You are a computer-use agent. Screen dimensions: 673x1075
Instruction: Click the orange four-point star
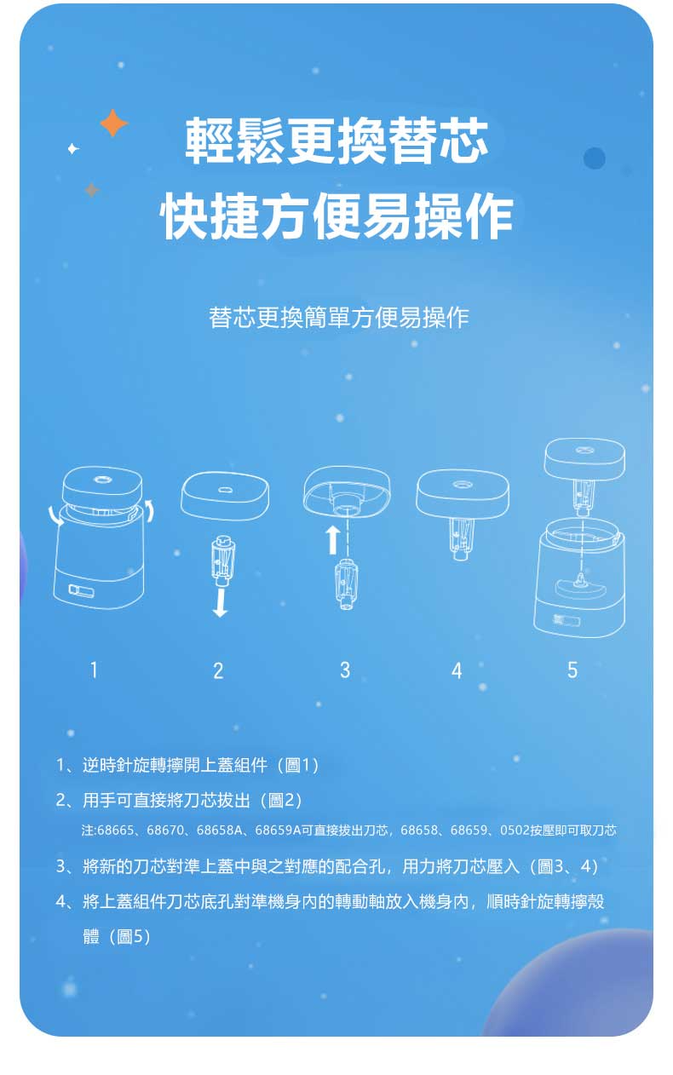[114, 124]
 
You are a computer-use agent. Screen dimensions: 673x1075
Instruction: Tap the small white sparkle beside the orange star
[73, 149]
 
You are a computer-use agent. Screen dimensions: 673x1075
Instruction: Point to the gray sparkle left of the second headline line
[92, 190]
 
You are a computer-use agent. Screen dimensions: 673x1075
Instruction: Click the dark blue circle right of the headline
[595, 158]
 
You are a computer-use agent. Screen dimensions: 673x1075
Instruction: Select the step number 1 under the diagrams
[94, 670]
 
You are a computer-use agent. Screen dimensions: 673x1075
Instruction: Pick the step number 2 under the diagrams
[218, 670]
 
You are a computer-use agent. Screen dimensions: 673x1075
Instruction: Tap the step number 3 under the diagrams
[345, 670]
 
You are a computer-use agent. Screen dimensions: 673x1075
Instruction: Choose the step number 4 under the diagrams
[457, 670]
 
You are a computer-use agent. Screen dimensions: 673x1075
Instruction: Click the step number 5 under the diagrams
[572, 670]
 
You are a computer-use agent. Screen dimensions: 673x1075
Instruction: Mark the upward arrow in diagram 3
[332, 540]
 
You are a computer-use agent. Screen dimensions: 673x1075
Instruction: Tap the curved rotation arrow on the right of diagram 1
[150, 510]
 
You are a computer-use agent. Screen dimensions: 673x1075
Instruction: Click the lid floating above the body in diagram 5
[584, 458]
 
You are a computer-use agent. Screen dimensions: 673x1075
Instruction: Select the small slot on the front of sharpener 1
[81, 590]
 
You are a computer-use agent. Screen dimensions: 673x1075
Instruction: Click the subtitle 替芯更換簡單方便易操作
[339, 318]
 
